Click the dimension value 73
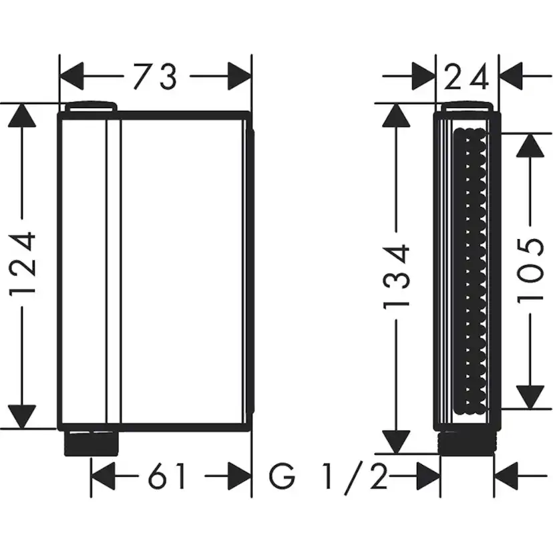(154, 77)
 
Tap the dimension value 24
(467, 77)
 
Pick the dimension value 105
(533, 270)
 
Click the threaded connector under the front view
(91, 442)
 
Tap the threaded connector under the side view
(468, 441)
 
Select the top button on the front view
(91, 107)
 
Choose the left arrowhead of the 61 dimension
(105, 478)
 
